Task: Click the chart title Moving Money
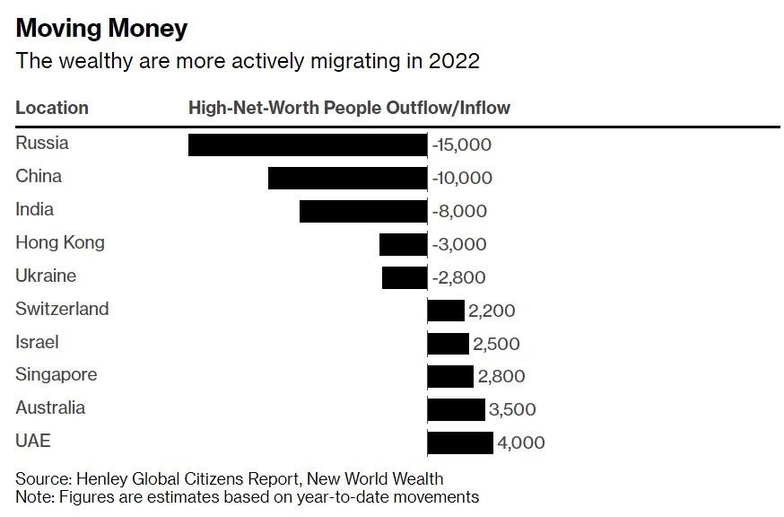(101, 28)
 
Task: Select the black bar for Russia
(308, 145)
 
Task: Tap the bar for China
(347, 178)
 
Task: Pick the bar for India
(363, 211)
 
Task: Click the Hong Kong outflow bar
(403, 244)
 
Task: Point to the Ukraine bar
(405, 277)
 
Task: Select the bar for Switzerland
(446, 311)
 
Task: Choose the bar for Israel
(448, 344)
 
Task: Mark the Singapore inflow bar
(450, 377)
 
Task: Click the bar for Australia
(456, 410)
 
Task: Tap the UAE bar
(460, 443)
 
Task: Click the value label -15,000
(462, 145)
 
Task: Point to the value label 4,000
(521, 443)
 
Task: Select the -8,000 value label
(459, 211)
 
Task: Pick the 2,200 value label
(492, 311)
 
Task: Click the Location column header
(52, 108)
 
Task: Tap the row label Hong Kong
(60, 242)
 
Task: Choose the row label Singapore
(57, 374)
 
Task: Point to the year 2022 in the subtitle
(453, 61)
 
